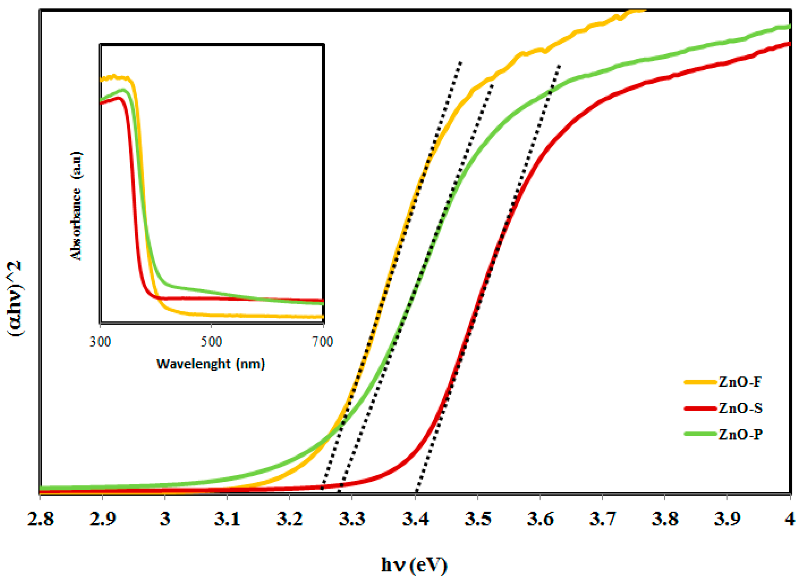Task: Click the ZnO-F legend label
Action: [x=740, y=382]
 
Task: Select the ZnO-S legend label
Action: [x=740, y=408]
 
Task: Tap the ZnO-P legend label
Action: [x=740, y=434]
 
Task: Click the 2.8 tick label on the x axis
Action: [x=41, y=519]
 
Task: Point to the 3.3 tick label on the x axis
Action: [x=352, y=519]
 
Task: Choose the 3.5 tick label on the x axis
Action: [x=478, y=519]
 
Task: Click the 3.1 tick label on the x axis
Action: [x=227, y=519]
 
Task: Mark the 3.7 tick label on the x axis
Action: [x=602, y=519]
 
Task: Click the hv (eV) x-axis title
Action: [x=414, y=566]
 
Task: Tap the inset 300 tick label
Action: [x=100, y=342]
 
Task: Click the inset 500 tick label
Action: [x=211, y=342]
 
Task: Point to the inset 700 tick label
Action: [x=322, y=342]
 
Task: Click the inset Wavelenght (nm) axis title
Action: [x=211, y=364]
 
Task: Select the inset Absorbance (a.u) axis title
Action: [x=76, y=206]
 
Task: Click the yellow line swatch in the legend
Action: [x=700, y=382]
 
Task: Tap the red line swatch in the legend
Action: [x=700, y=408]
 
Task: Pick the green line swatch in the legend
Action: [x=700, y=434]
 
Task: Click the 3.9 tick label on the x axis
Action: [x=727, y=519]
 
